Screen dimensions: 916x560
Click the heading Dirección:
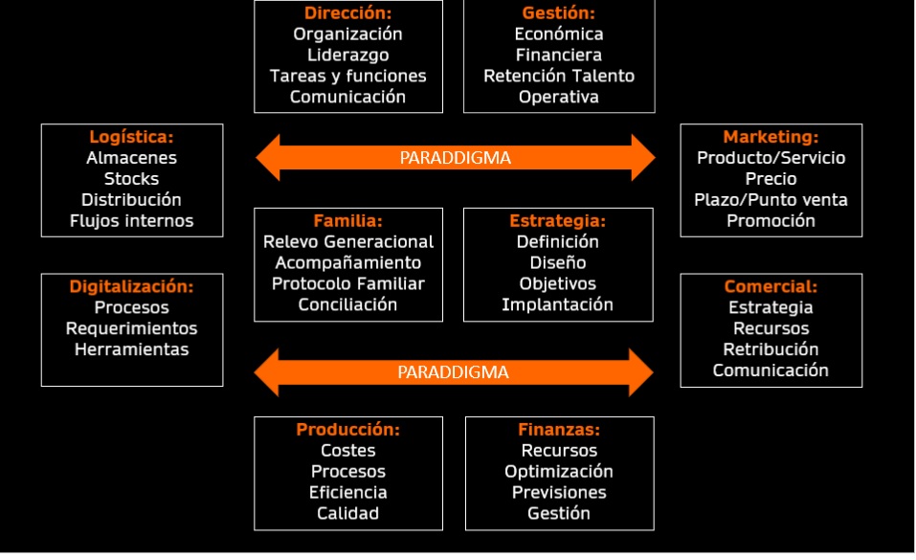347,12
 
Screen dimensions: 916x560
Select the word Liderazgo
348,56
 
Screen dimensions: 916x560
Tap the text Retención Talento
559,76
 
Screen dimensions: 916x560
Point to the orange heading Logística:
131,138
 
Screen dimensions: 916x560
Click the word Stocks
131,179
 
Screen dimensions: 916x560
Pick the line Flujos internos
131,221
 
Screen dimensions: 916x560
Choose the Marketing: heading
771,138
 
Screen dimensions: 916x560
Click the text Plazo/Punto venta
771,200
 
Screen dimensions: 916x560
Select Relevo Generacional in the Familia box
348,242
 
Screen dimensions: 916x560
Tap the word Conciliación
347,304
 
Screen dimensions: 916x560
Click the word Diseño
558,263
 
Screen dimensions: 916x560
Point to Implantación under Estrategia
558,305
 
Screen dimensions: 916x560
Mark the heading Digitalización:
131,286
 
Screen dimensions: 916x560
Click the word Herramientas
131,349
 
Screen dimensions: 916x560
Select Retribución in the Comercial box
771,349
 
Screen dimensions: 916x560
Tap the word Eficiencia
347,493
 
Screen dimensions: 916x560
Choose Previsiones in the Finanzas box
559,493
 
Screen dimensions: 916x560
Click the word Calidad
347,514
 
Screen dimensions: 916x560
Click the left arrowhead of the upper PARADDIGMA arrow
268,158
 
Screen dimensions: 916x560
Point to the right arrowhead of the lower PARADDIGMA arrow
641,372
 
